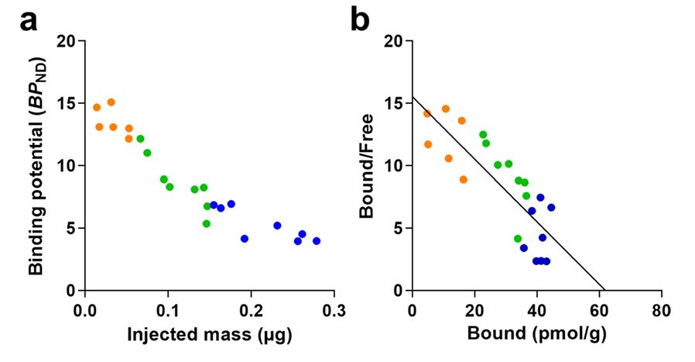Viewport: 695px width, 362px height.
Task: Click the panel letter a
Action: point(29,21)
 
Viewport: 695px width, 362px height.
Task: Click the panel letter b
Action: point(360,21)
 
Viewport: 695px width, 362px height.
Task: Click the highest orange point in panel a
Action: point(111,102)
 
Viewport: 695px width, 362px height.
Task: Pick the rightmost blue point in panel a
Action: point(317,241)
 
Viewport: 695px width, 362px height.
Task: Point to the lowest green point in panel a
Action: point(207,224)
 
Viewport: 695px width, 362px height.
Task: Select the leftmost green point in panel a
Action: point(140,139)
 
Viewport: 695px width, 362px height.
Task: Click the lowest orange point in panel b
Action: point(464,179)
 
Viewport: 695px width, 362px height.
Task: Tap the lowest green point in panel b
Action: point(518,239)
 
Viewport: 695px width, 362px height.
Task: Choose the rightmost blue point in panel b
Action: point(551,207)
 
